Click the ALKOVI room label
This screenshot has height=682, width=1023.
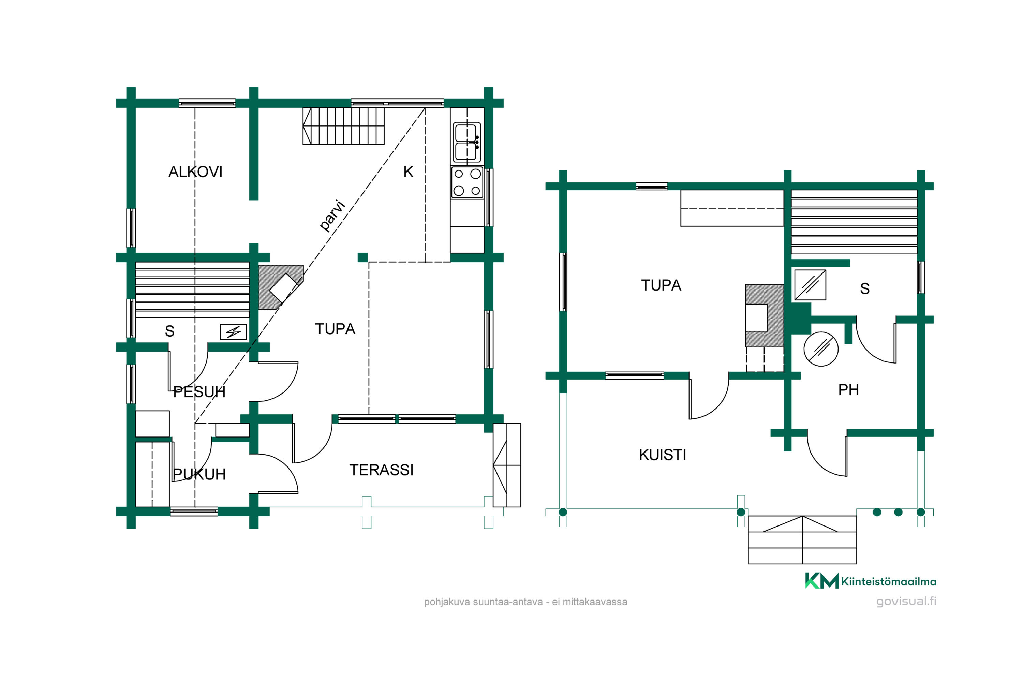195,172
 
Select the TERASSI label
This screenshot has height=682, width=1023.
382,470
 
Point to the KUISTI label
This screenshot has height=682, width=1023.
663,455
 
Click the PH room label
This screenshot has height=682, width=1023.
849,389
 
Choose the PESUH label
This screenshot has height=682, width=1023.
199,391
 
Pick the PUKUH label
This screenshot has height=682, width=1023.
199,474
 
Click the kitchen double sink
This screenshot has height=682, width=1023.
467,142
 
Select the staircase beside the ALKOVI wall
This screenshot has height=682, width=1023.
344,126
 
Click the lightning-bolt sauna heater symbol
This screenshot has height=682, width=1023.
234,332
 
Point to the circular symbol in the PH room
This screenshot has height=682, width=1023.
821,349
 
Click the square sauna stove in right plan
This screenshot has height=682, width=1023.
810,285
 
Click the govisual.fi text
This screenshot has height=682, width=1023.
906,602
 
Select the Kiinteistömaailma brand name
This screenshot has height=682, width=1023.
889,581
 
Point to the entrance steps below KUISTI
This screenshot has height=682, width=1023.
802,540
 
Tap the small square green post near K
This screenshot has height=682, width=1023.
363,257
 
